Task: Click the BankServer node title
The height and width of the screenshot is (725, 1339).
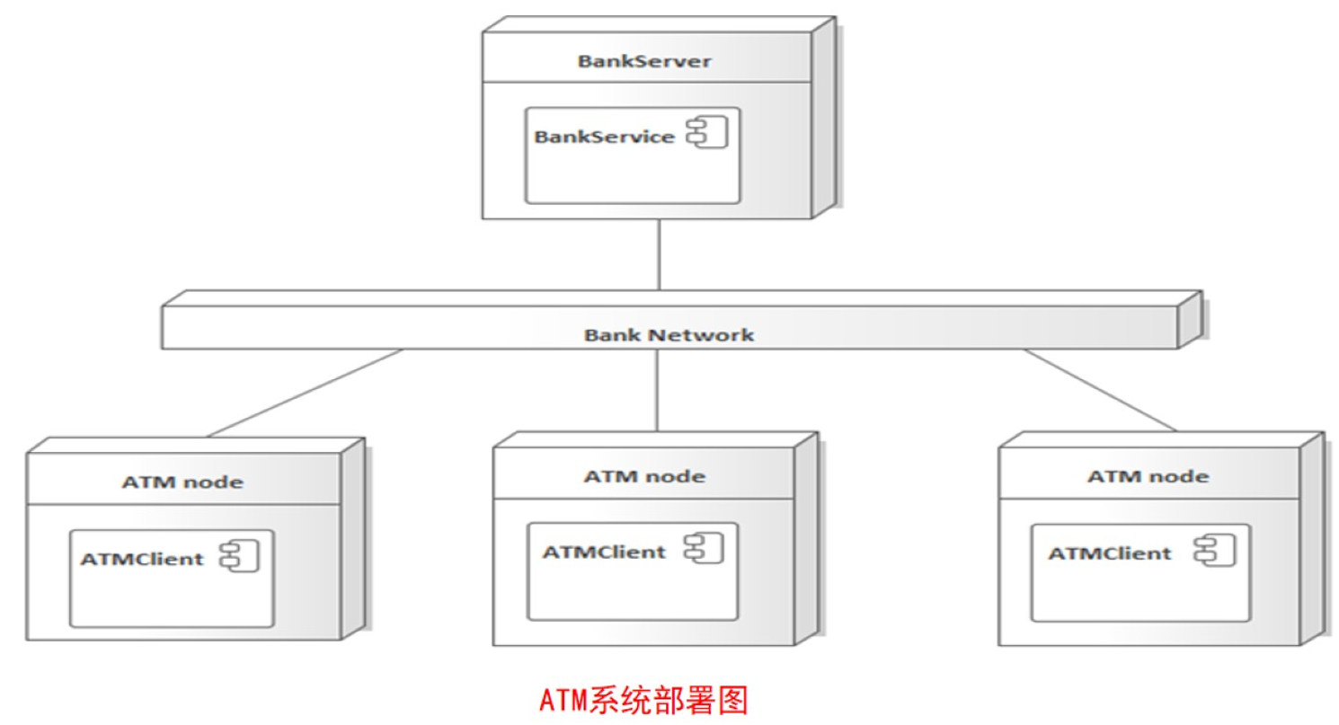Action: pos(644,62)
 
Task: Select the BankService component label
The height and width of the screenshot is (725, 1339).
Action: pos(604,137)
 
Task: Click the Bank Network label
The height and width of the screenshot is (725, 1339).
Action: pos(669,335)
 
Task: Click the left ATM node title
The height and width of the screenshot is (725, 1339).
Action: pos(182,482)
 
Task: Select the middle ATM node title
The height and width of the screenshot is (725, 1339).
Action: pos(644,475)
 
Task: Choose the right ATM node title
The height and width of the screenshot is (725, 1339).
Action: pos(1148,475)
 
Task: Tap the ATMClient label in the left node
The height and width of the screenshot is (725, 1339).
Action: pos(142,558)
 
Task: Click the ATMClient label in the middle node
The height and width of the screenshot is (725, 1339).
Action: pos(604,551)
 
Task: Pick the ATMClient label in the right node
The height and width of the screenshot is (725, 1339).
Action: pos(1110,553)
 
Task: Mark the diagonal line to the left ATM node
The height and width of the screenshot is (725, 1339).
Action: pos(306,393)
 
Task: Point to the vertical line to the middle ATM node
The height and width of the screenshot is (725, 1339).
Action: pos(658,390)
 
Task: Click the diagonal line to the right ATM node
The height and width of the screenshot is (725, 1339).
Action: pos(1101,390)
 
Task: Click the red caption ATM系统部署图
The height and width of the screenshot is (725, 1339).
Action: pos(643,699)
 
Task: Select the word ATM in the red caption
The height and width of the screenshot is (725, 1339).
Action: pos(563,699)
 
